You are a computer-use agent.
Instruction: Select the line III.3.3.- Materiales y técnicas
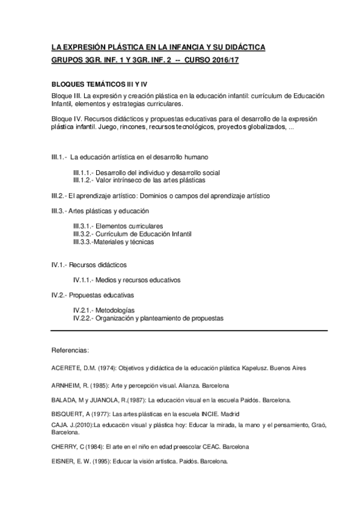[113, 242]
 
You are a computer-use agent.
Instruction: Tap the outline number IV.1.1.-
[84, 280]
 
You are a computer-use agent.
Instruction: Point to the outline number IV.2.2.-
[84, 318]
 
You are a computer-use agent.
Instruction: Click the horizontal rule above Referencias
[189, 330]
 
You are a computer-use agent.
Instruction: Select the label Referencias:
[71, 349]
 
